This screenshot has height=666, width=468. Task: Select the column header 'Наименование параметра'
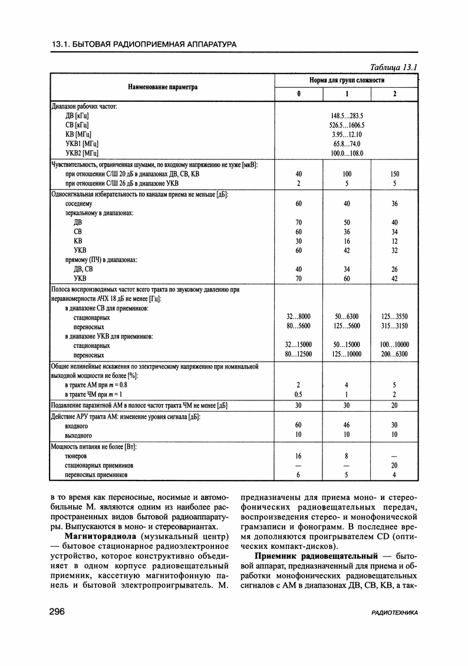pyautogui.click(x=163, y=87)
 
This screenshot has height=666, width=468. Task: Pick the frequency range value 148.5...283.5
pyautogui.click(x=347, y=115)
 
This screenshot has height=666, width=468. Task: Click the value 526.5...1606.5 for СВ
pyautogui.click(x=347, y=125)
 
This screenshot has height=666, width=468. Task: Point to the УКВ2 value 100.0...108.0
pyautogui.click(x=347, y=153)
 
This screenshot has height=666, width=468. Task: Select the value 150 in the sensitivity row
pyautogui.click(x=394, y=174)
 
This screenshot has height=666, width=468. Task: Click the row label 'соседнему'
pyautogui.click(x=78, y=203)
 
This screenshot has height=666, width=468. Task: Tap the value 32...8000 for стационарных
pyautogui.click(x=298, y=317)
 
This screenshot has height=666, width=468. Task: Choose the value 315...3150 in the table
pyautogui.click(x=394, y=326)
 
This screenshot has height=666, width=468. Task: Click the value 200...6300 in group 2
pyautogui.click(x=394, y=354)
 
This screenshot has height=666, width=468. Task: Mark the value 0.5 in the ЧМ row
pyautogui.click(x=298, y=393)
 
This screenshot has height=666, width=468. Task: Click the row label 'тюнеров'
pyautogui.click(x=76, y=456)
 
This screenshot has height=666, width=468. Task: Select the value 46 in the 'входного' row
pyautogui.click(x=347, y=425)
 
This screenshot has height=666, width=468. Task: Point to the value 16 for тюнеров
pyautogui.click(x=298, y=456)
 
